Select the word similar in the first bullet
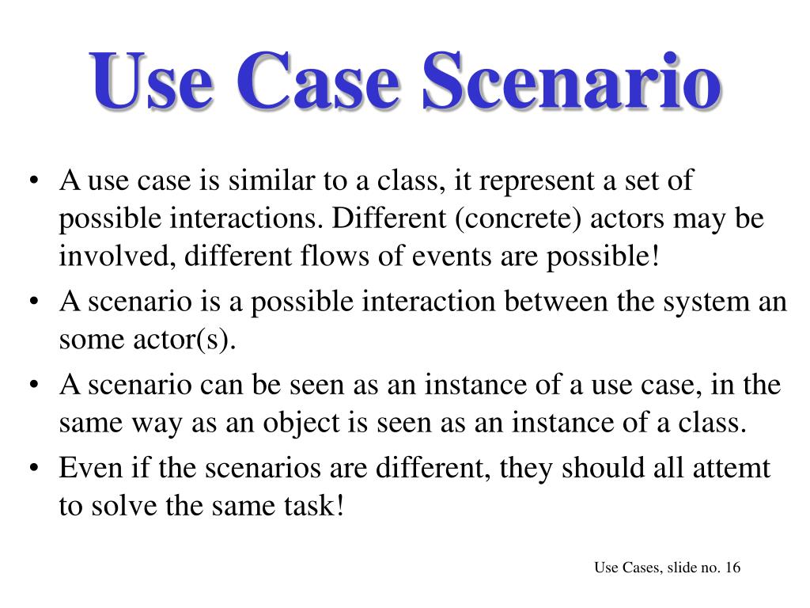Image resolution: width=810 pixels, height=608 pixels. [x=268, y=181]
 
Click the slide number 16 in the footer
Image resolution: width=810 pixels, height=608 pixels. [x=732, y=568]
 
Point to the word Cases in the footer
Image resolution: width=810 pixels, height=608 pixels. [x=640, y=568]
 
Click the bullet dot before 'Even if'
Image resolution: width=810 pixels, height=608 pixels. [x=34, y=468]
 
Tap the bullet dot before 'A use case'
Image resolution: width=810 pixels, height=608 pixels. [x=34, y=181]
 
